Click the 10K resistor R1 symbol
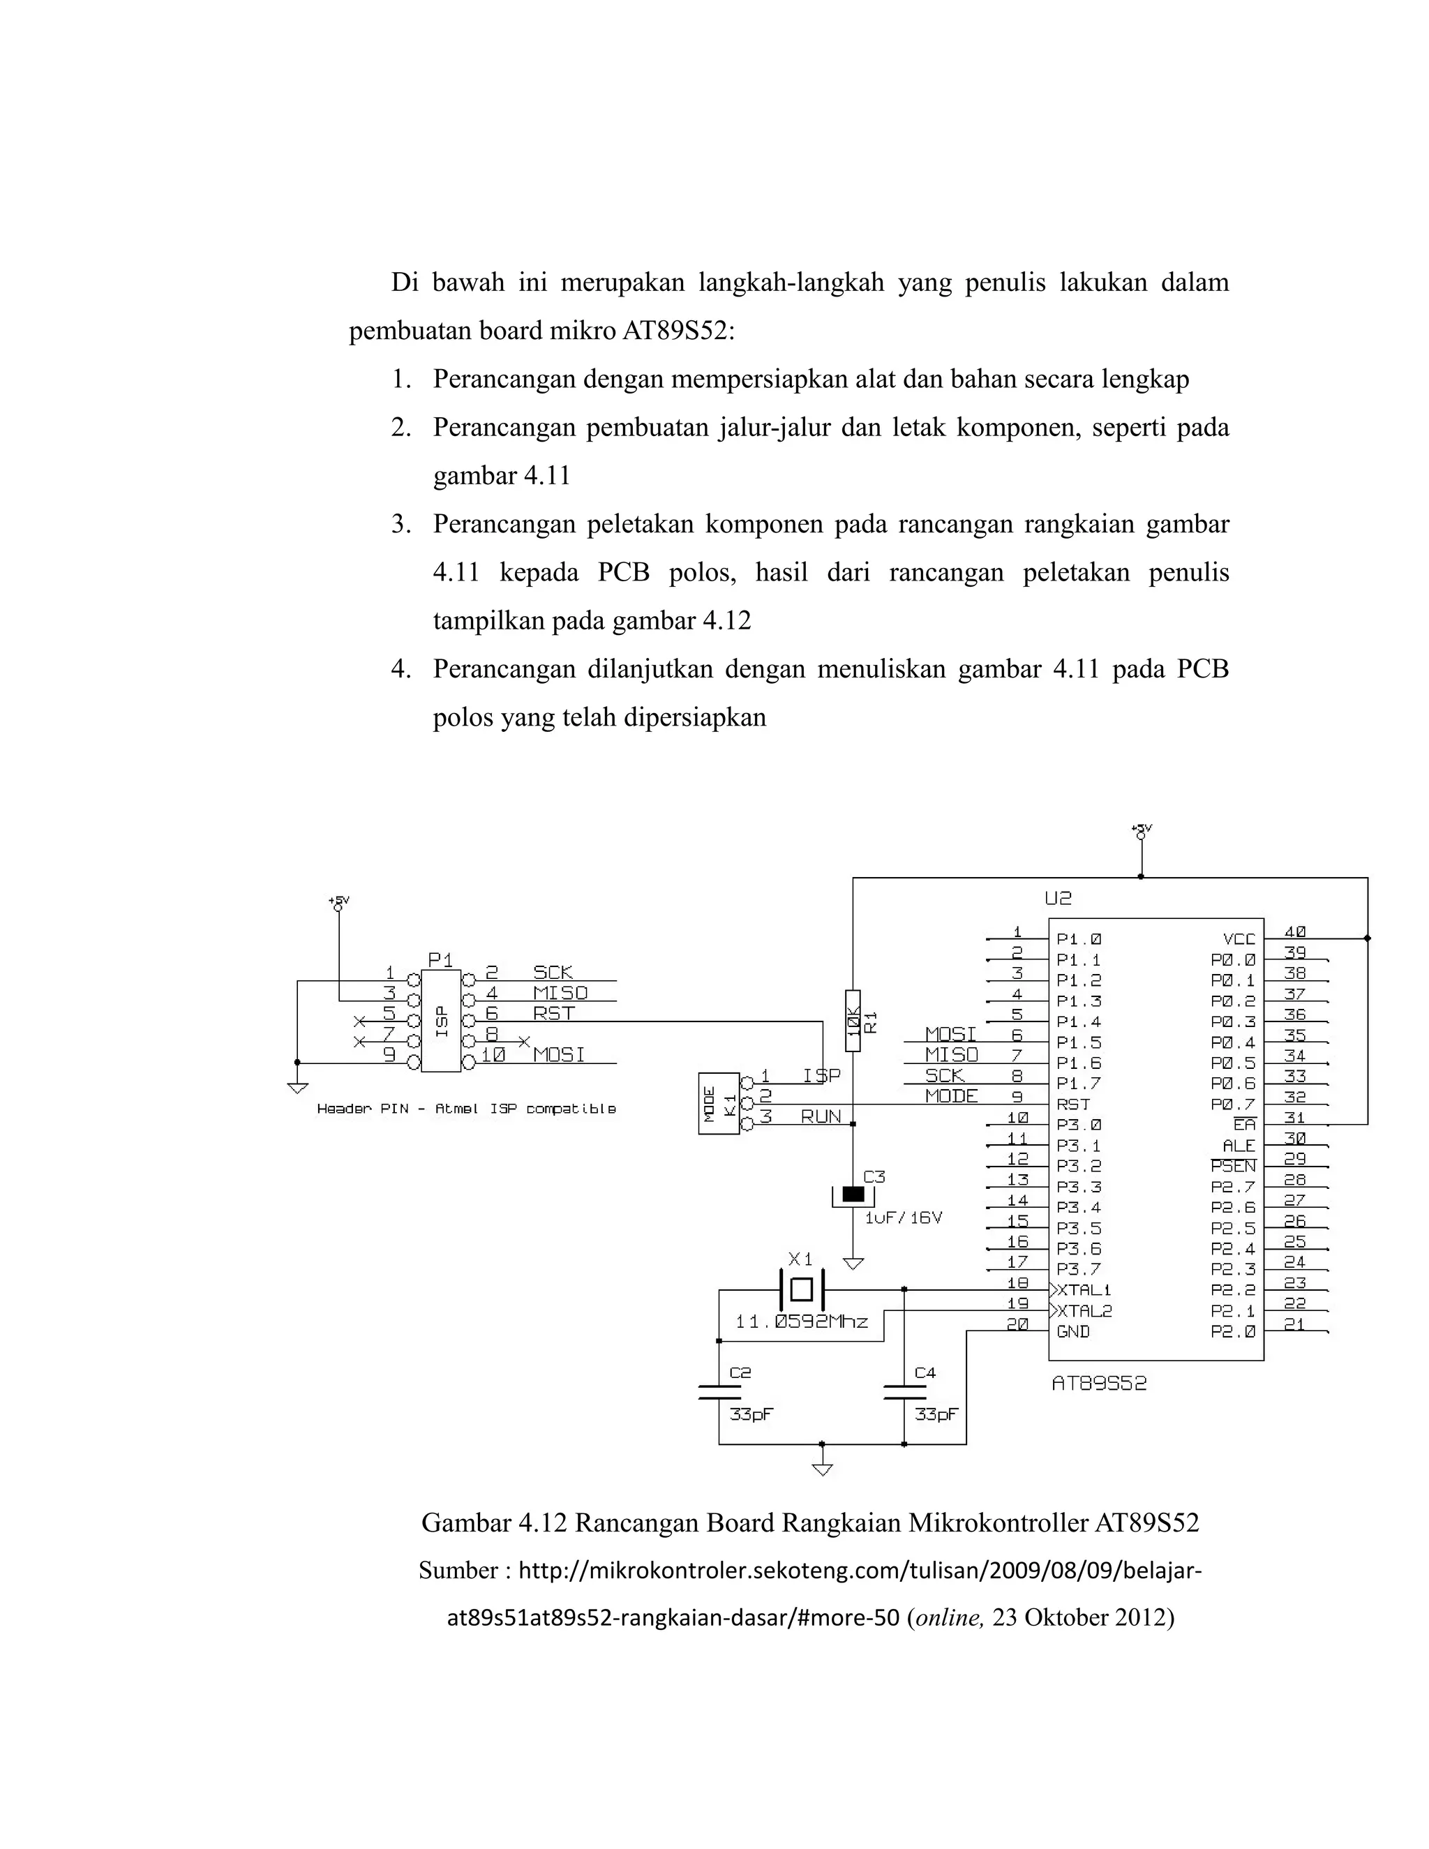pos(853,1020)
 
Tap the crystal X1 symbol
pos(801,1289)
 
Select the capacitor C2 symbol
pos(719,1392)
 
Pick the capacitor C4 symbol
pos(904,1392)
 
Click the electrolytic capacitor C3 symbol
pos(853,1195)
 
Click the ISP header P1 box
pos(441,1021)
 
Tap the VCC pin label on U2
pos(1239,939)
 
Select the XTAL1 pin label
pos(1084,1290)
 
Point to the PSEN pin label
pos(1234,1167)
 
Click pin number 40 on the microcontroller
pos(1294,931)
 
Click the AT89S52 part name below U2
pos(1099,1384)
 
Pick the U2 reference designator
pos(1058,898)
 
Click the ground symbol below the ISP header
pos(297,1087)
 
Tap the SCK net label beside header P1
pos(553,972)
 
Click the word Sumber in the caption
pos(458,1571)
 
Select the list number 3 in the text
pos(401,525)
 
